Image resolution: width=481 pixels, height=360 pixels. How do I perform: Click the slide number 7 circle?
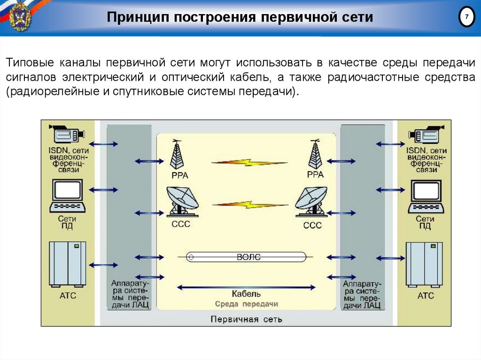tap(466, 17)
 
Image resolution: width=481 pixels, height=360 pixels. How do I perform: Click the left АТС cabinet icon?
tap(68, 264)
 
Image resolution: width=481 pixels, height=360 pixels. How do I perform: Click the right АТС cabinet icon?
tap(424, 264)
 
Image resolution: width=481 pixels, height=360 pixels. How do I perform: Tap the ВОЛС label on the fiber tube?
tap(248, 257)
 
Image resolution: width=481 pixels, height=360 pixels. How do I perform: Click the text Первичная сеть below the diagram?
tap(246, 320)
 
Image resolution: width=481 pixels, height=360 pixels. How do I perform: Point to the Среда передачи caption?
tap(246, 304)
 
